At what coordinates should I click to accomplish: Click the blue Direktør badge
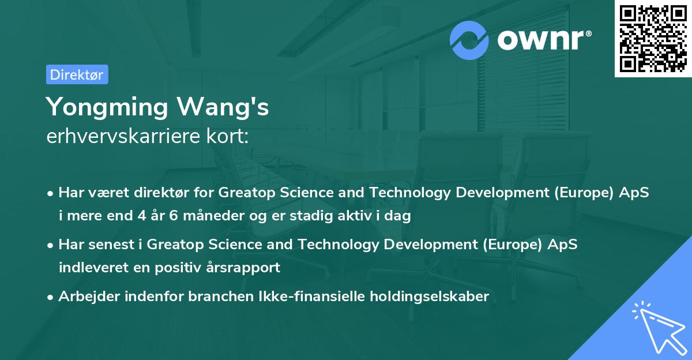click(x=77, y=74)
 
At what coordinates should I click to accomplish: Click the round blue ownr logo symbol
click(x=469, y=40)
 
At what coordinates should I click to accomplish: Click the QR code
click(x=653, y=38)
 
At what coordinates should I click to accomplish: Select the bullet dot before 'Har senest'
click(x=51, y=245)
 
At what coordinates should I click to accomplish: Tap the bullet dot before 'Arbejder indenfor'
click(x=51, y=298)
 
